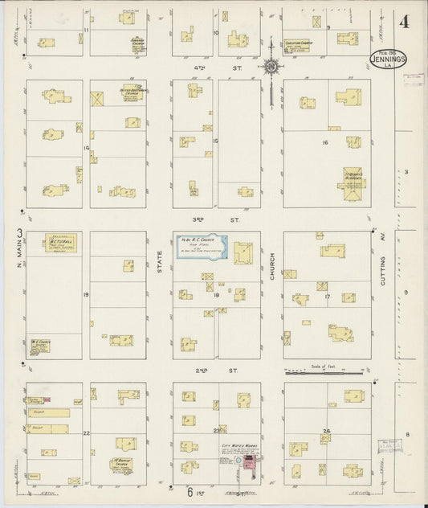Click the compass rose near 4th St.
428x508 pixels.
[272, 66]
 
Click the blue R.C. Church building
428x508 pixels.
[202, 248]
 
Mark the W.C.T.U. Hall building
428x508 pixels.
[58, 245]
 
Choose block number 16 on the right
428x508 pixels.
[325, 142]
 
